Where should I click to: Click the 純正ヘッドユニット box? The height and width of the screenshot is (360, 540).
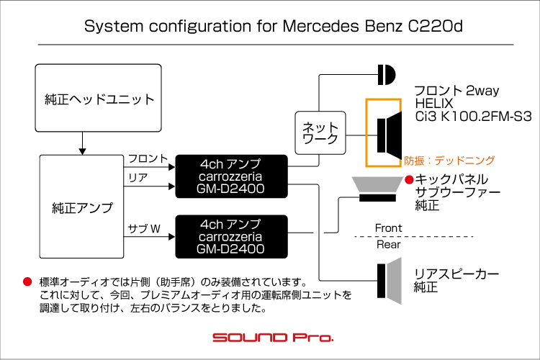pyautogui.click(x=98, y=98)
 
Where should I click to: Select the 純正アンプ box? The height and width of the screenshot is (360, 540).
pyautogui.click(x=81, y=207)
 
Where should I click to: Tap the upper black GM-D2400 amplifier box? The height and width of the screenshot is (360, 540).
pyautogui.click(x=231, y=176)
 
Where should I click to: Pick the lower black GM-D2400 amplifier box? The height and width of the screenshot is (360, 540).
pyautogui.click(x=231, y=237)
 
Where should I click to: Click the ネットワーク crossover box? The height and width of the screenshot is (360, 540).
pyautogui.click(x=320, y=132)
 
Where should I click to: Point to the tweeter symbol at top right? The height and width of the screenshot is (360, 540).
pyautogui.click(x=387, y=74)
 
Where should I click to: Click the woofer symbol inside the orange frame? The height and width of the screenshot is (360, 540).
pyautogui.click(x=389, y=135)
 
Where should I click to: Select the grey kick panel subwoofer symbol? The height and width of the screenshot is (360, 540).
pyautogui.click(x=377, y=189)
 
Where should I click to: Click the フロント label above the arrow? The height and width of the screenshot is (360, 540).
pyautogui.click(x=148, y=158)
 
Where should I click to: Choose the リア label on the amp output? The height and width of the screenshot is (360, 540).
pyautogui.click(x=138, y=178)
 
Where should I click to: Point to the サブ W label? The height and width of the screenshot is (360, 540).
pyautogui.click(x=144, y=228)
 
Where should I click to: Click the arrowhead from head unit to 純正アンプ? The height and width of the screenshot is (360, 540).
pyautogui.click(x=82, y=152)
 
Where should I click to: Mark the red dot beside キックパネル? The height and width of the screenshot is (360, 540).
pyautogui.click(x=409, y=179)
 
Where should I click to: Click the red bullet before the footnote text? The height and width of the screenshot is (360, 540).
pyautogui.click(x=27, y=282)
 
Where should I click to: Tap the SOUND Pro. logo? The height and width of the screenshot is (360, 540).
pyautogui.click(x=273, y=337)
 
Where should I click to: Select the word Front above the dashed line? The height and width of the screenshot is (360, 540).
pyautogui.click(x=389, y=228)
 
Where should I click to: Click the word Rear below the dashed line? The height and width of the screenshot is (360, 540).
pyautogui.click(x=389, y=245)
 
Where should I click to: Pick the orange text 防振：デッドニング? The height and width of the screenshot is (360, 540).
pyautogui.click(x=449, y=161)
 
